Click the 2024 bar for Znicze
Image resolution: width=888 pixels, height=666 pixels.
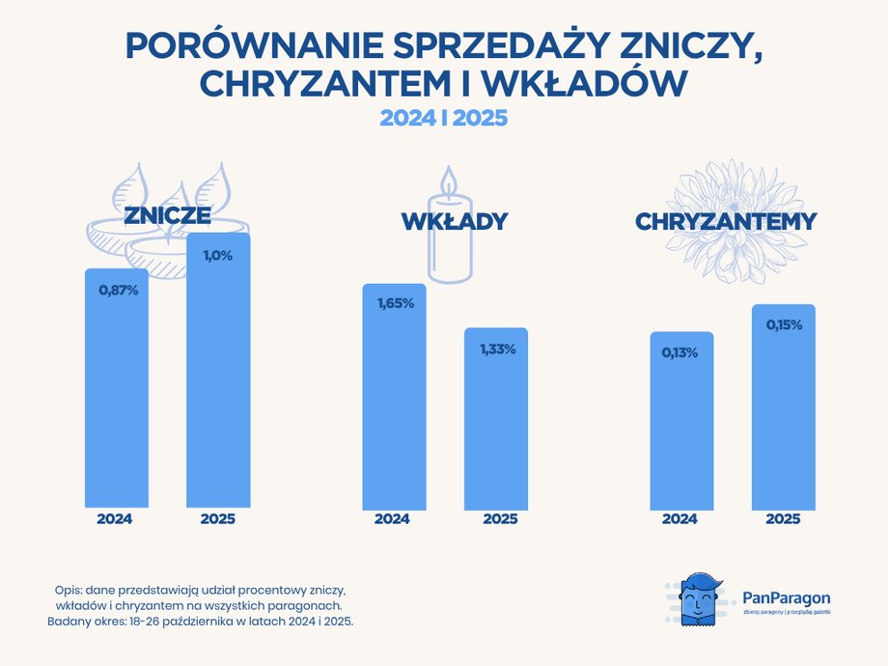pyautogui.click(x=117, y=396)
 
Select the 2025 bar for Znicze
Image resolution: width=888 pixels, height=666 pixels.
pyautogui.click(x=218, y=376)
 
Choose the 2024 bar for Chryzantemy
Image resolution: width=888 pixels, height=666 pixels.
pyautogui.click(x=680, y=425)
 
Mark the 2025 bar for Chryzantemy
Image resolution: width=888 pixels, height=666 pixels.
pyautogui.click(x=783, y=410)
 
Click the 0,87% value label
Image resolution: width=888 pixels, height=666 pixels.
pyautogui.click(x=119, y=289)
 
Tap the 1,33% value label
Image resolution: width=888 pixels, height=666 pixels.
pyautogui.click(x=497, y=348)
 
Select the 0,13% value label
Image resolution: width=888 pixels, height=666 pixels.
pyautogui.click(x=680, y=352)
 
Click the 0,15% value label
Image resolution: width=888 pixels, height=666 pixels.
pyautogui.click(x=784, y=325)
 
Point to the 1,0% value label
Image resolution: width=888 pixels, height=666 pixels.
pyautogui.click(x=216, y=255)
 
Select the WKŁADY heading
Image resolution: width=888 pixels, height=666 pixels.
pyautogui.click(x=454, y=222)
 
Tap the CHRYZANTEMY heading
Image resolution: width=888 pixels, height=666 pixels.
pyautogui.click(x=725, y=222)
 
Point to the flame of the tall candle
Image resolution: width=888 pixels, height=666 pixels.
pyautogui.click(x=447, y=180)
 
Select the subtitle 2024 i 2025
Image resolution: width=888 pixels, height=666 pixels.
pyautogui.click(x=443, y=118)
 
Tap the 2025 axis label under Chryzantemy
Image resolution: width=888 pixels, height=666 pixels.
pyautogui.click(x=783, y=519)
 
